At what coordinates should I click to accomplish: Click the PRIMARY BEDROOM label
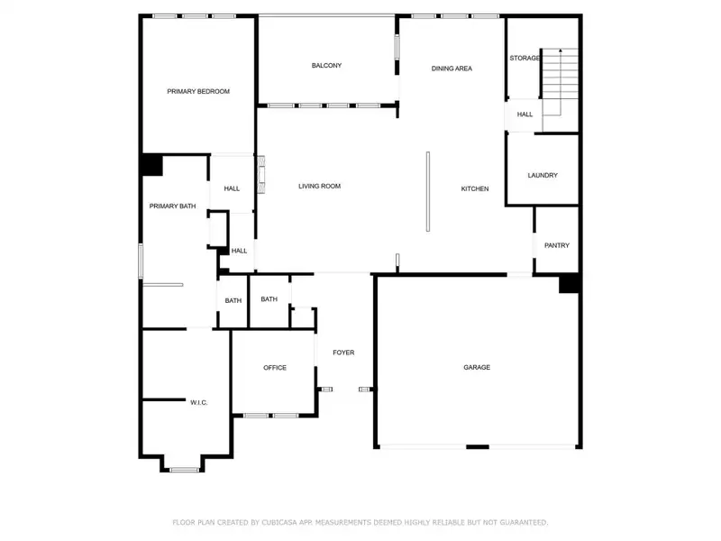[x=198, y=91]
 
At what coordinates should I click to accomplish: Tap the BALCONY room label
[x=326, y=66]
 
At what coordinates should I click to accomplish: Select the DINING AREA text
[x=452, y=69]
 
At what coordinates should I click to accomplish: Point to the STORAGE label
[x=525, y=59]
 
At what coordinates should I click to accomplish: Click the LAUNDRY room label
[x=543, y=176]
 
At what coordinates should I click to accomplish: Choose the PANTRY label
[x=556, y=245]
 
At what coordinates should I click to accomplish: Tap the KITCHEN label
[x=475, y=188]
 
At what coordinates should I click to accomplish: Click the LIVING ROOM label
[x=320, y=187]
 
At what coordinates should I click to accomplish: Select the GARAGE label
[x=477, y=368]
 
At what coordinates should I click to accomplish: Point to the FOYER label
[x=343, y=353]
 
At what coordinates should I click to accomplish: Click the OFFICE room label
[x=275, y=368]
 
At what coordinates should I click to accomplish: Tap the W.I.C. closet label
[x=198, y=402]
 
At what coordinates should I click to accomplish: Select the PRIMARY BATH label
[x=172, y=206]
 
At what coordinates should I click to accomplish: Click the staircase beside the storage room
[x=559, y=81]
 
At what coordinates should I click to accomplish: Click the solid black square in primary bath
[x=151, y=165]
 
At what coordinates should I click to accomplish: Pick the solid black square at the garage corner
[x=569, y=283]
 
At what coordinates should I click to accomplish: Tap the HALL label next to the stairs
[x=525, y=115]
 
